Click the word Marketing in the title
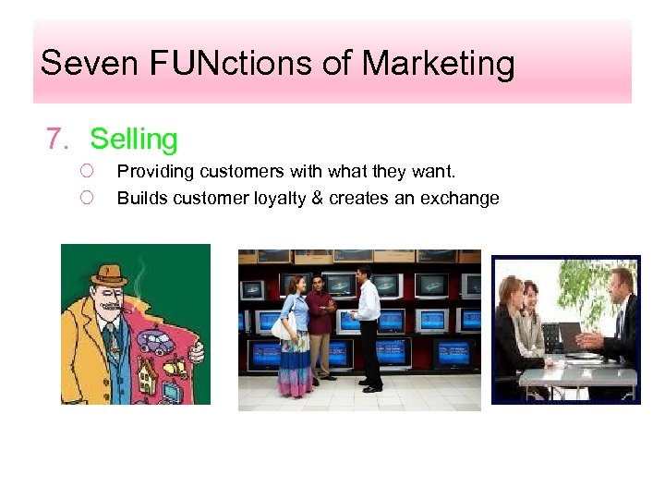tap(438, 64)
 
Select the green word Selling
tap(134, 140)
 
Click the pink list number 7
tap(57, 140)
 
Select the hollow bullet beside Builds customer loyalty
tap(87, 198)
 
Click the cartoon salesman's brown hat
tap(110, 274)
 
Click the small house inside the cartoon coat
tap(147, 375)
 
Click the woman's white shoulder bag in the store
tap(283, 324)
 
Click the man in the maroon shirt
tap(320, 323)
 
